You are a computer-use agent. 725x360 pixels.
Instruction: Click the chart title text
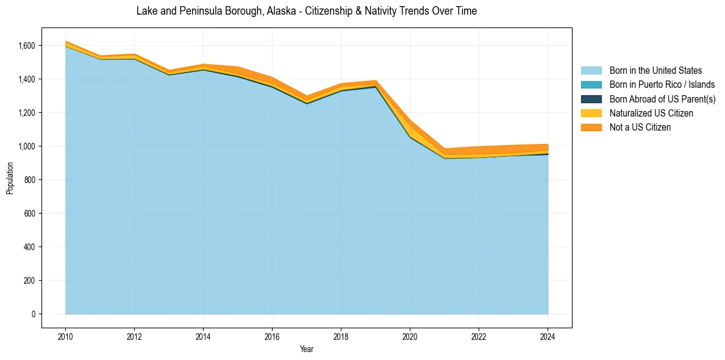pyautogui.click(x=306, y=11)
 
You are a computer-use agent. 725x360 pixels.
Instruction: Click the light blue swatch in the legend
pyautogui.click(x=591, y=71)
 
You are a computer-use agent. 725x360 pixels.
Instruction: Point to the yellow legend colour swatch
pyautogui.click(x=591, y=113)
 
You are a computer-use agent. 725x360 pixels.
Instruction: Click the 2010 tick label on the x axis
pyautogui.click(x=65, y=336)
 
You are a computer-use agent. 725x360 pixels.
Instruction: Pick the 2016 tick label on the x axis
pyautogui.click(x=272, y=336)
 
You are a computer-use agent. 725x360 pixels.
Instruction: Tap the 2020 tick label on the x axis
pyautogui.click(x=410, y=336)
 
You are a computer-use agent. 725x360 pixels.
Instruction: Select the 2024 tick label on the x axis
pyautogui.click(x=548, y=336)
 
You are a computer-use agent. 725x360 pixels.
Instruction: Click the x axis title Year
pyautogui.click(x=307, y=349)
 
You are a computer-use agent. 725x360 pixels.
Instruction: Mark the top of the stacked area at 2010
pyautogui.click(x=65, y=41)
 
